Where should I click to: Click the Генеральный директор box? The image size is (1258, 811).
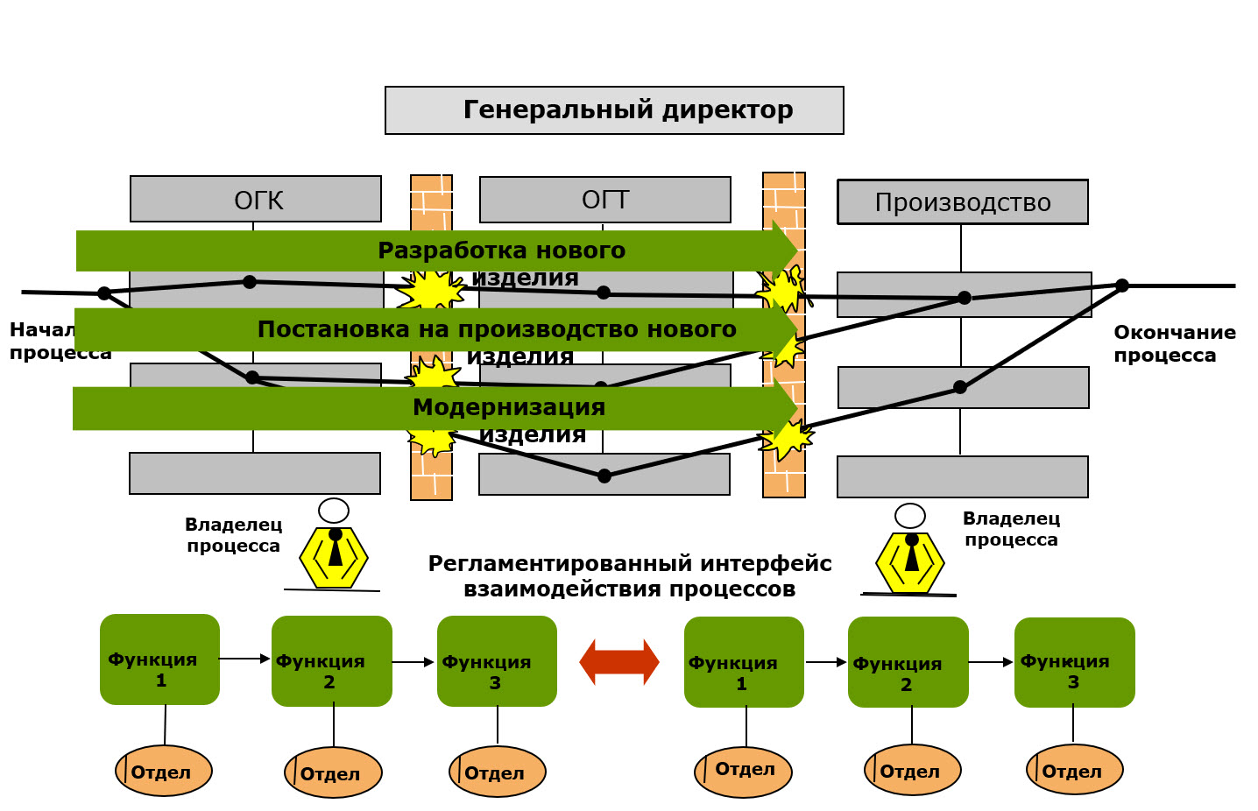pyautogui.click(x=614, y=110)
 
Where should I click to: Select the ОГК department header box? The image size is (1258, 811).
pyautogui.click(x=256, y=199)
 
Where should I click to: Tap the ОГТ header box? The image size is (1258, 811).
pyautogui.click(x=604, y=200)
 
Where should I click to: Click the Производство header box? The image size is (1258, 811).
pyautogui.click(x=963, y=202)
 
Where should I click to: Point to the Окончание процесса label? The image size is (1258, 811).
pyautogui.click(x=1174, y=343)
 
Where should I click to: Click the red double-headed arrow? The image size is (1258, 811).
pyautogui.click(x=619, y=662)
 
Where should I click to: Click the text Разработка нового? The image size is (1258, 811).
pyautogui.click(x=501, y=250)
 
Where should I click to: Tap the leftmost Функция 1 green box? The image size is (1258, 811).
pyautogui.click(x=159, y=659)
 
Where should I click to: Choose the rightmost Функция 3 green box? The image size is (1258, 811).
pyautogui.click(x=1074, y=662)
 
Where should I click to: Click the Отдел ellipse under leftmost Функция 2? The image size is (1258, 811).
pyautogui.click(x=333, y=772)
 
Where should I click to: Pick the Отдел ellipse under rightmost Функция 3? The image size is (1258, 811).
pyautogui.click(x=1074, y=770)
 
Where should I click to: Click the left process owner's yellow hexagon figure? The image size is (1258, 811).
pyautogui.click(x=334, y=556)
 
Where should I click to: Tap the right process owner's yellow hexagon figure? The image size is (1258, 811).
pyautogui.click(x=910, y=561)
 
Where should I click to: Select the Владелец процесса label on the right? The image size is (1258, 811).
pyautogui.click(x=1011, y=529)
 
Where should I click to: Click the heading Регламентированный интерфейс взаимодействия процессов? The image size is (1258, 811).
pyautogui.click(x=629, y=576)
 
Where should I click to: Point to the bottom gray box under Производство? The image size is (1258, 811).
pyautogui.click(x=962, y=476)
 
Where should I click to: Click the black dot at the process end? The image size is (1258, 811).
pyautogui.click(x=1121, y=286)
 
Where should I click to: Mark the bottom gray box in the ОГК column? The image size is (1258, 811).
pyautogui.click(x=255, y=473)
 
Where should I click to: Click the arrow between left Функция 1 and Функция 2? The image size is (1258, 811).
pyautogui.click(x=244, y=659)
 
